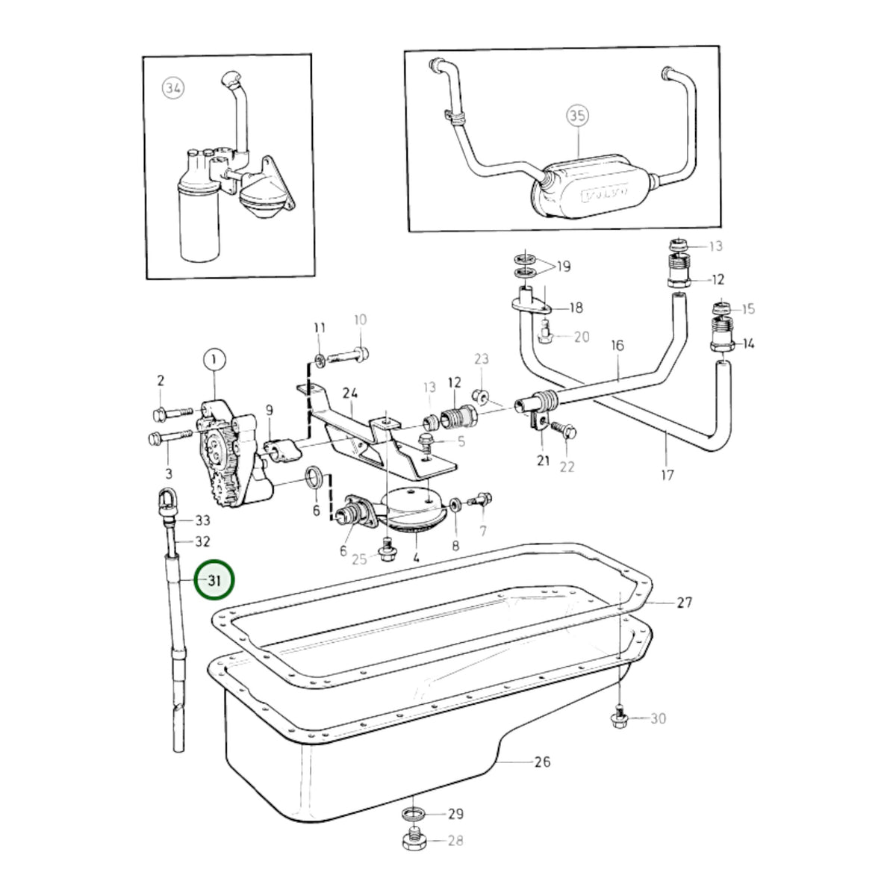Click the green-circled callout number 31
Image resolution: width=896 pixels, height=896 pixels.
click(214, 580)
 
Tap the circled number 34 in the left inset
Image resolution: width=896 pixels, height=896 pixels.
click(173, 88)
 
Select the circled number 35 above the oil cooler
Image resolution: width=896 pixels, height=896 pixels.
click(577, 115)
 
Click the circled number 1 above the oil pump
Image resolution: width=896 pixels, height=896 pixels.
click(214, 359)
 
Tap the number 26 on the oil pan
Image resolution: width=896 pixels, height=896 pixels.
click(542, 762)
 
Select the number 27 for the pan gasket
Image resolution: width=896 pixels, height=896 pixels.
click(684, 603)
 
